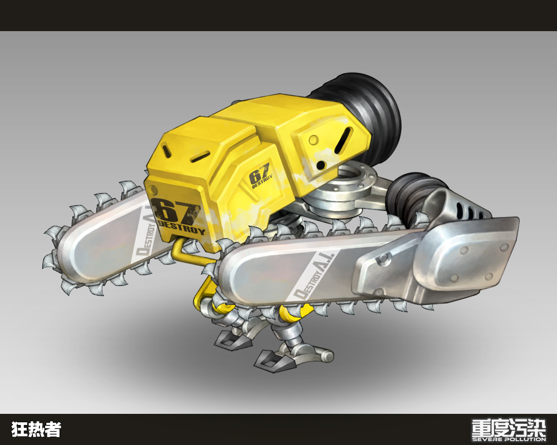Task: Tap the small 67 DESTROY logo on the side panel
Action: click(x=261, y=176)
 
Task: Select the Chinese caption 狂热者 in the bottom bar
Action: click(x=36, y=429)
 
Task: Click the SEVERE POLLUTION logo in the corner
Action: click(x=509, y=430)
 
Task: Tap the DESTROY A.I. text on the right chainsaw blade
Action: click(x=313, y=275)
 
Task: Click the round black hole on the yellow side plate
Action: click(x=321, y=165)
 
